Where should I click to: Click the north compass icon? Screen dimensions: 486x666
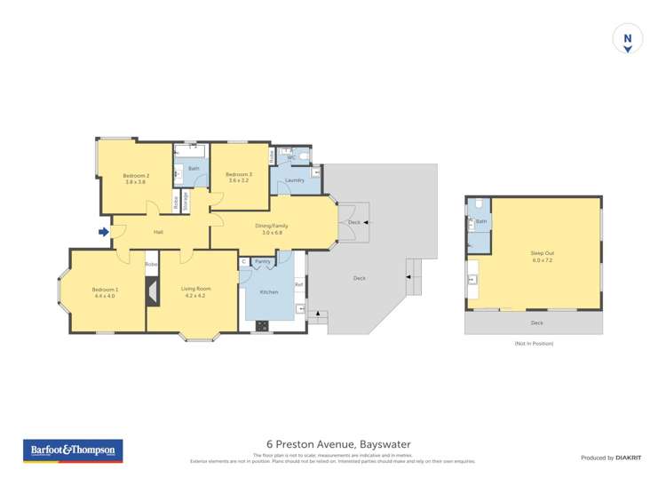point(628,40)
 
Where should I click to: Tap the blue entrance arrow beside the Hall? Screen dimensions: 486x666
point(104,232)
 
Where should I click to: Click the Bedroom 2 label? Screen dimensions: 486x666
point(136,178)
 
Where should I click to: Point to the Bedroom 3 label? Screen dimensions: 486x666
point(238,177)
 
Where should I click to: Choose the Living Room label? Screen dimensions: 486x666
point(195,292)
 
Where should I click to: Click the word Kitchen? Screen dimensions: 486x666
point(268,291)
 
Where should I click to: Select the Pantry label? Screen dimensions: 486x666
point(263,261)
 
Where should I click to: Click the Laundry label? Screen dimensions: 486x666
point(295,180)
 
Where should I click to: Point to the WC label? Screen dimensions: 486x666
point(290,157)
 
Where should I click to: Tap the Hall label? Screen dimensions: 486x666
point(158,232)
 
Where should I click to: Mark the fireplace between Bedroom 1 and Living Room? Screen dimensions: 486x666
point(152,290)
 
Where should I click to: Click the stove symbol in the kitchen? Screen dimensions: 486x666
point(262,325)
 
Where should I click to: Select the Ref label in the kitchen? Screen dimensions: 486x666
point(299,284)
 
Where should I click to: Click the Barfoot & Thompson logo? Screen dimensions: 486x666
point(72,450)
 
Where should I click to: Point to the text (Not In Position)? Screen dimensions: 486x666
point(533,343)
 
